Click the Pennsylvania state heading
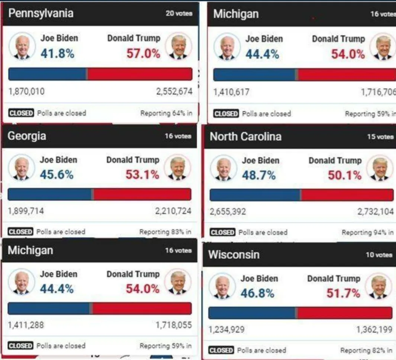tap(41, 13)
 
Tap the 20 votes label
tap(179, 13)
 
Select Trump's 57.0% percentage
tap(143, 54)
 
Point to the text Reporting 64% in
tap(166, 113)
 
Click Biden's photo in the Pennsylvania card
tap(22, 46)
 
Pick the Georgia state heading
tap(27, 136)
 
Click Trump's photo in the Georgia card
tap(178, 167)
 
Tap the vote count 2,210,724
tap(173, 211)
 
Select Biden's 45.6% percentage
tap(57, 174)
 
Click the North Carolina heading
tap(245, 136)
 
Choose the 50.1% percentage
tap(344, 175)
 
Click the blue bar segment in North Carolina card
tap(255, 195)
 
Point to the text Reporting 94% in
tap(367, 232)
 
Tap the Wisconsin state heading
tap(234, 255)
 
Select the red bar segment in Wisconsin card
tap(345, 313)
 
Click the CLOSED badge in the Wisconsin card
tap(221, 350)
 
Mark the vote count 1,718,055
tap(174, 325)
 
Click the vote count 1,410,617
tap(231, 92)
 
